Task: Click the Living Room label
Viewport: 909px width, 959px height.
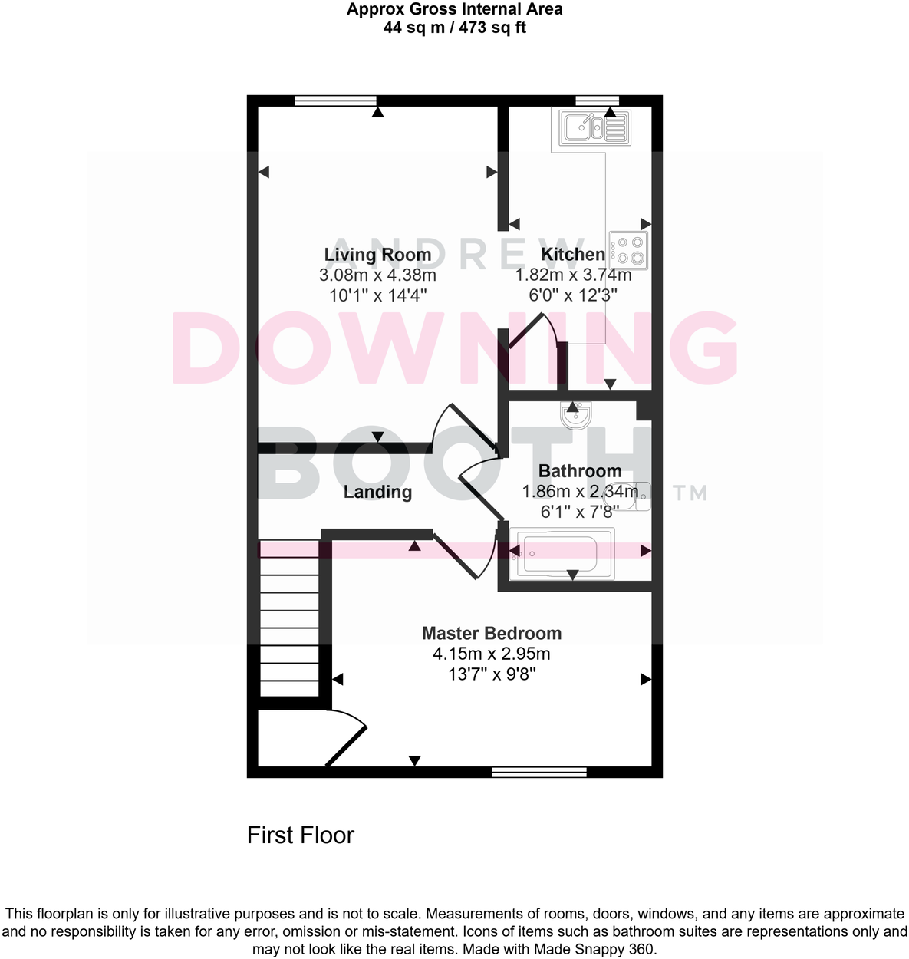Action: click(377, 255)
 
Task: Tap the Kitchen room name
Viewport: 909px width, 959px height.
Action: click(573, 254)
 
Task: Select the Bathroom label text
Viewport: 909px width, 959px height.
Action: click(580, 471)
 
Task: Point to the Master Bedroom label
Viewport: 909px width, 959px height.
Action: click(492, 633)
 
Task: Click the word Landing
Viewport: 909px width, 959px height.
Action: click(377, 492)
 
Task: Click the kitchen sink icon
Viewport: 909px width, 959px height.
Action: click(594, 128)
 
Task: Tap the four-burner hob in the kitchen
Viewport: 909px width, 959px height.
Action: click(628, 250)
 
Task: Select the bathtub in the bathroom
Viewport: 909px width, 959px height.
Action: click(562, 554)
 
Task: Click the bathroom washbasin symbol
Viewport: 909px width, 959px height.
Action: click(576, 415)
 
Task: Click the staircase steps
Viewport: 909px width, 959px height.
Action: click(289, 618)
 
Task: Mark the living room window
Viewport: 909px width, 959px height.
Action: click(336, 101)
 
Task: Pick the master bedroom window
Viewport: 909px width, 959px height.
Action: click(538, 772)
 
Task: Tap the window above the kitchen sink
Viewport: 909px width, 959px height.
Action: click(598, 101)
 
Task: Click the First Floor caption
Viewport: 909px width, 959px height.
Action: click(301, 835)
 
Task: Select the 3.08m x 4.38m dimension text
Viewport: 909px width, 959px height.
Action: click(377, 275)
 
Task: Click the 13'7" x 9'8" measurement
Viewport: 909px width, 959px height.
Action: click(492, 674)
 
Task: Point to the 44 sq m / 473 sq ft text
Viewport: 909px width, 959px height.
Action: click(454, 28)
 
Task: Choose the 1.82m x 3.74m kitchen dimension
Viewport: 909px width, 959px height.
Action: click(573, 275)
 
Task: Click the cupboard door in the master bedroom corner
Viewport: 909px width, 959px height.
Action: click(346, 746)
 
